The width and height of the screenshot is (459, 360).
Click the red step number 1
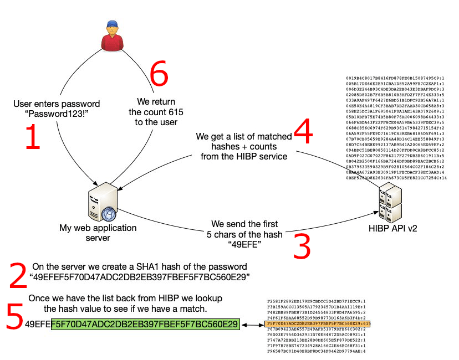pos(32,137)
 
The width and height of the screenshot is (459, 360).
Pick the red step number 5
pos(14,317)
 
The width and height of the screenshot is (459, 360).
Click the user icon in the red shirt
pos(110,36)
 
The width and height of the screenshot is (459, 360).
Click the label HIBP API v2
pos(392,228)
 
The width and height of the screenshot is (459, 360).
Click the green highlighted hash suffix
pos(145,323)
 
